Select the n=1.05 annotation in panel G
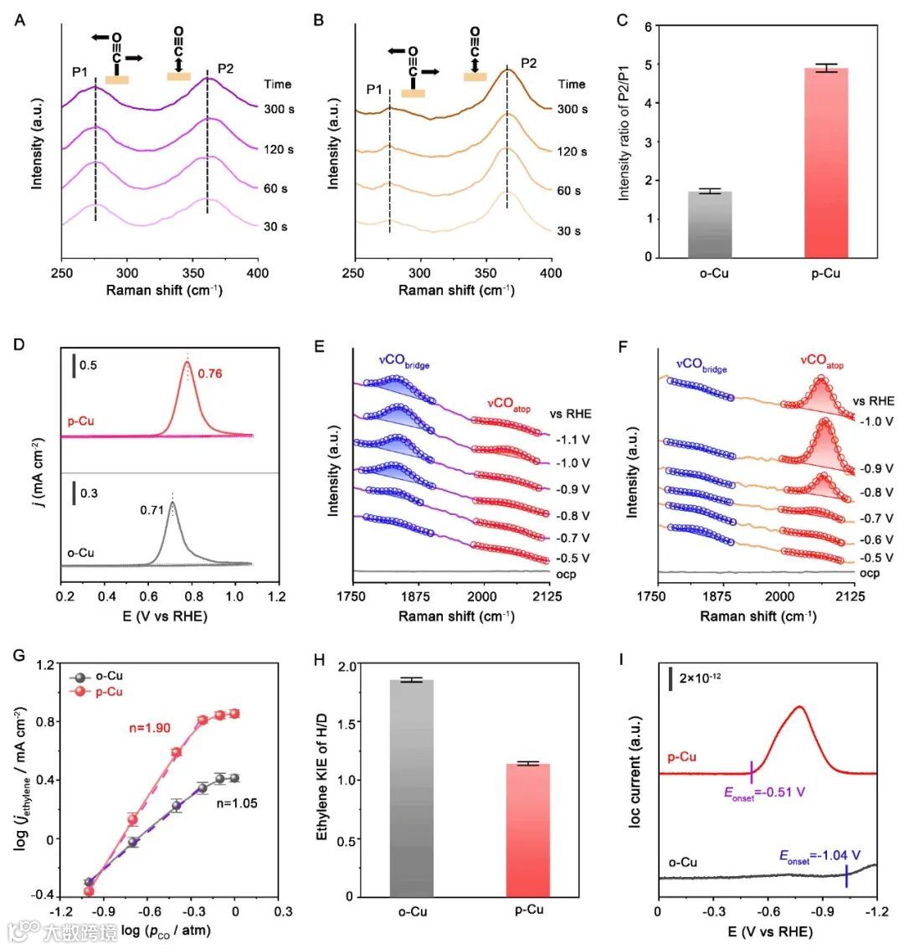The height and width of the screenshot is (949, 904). coord(237,802)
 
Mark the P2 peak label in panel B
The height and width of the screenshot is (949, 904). coord(529,64)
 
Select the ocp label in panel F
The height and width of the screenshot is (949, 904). coord(871,574)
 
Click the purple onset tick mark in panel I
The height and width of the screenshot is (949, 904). coord(752,771)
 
